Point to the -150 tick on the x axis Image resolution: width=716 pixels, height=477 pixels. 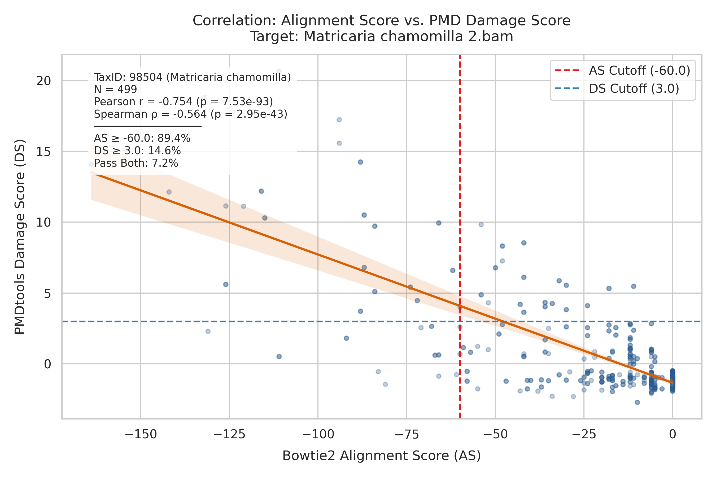pos(141,434)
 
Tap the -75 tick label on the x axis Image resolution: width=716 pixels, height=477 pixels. pos(407,434)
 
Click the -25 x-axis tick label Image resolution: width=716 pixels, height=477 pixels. pos(584,434)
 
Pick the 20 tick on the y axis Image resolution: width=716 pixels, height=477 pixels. pos(43,81)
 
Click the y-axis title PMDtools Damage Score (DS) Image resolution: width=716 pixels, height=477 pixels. pos(20,237)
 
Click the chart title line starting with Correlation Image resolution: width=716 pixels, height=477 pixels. pos(381,21)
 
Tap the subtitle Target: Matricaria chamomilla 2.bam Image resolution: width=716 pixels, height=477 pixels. pos(381,37)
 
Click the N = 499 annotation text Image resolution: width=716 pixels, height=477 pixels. pos(115,90)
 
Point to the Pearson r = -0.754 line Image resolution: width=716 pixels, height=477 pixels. pos(183,101)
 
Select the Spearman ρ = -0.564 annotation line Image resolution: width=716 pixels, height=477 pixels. pos(191,114)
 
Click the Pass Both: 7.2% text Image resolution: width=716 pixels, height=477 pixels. pos(136,163)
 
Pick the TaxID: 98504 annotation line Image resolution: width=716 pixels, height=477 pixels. pos(193,77)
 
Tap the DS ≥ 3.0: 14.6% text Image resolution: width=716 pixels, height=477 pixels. pos(137,151)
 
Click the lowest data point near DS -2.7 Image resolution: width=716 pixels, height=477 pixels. pos(637,403)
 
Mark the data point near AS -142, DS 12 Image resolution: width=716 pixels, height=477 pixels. pos(169,192)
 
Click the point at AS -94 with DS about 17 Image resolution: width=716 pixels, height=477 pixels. pos(339,120)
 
